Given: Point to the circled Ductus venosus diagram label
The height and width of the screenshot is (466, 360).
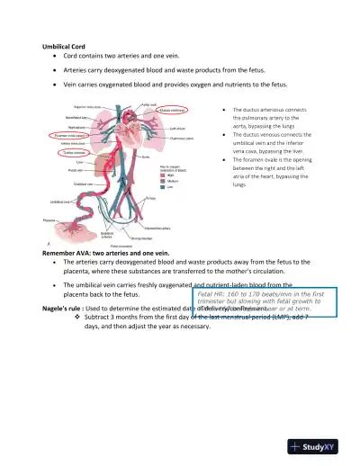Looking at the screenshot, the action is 74,153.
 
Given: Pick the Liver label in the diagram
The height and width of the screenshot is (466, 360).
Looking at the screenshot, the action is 79,162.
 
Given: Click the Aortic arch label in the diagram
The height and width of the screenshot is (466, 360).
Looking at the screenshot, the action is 149,104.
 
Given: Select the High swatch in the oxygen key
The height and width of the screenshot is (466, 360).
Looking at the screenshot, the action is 166,176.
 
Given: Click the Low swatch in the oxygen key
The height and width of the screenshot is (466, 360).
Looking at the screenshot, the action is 166,187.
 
